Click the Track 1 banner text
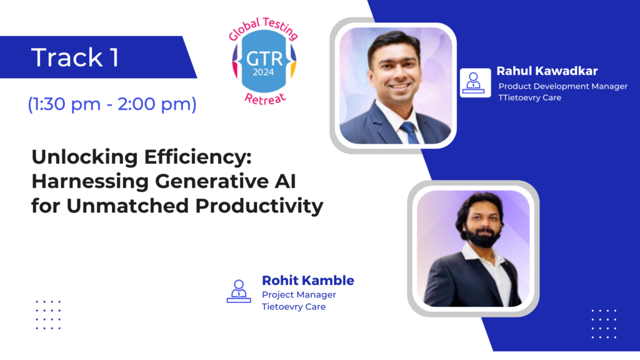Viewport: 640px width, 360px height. (75, 57)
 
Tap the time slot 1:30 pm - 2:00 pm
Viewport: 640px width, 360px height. (112, 104)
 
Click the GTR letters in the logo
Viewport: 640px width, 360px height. (264, 59)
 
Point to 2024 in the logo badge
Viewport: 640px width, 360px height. (263, 72)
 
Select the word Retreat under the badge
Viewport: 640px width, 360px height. (265, 98)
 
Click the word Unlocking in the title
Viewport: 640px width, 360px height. (85, 157)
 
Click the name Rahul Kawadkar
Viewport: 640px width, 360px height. (547, 71)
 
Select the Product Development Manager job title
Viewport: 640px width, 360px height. (563, 86)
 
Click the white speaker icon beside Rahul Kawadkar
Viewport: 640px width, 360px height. (475, 83)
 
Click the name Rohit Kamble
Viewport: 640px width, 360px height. (307, 281)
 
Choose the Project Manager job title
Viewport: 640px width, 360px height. (299, 295)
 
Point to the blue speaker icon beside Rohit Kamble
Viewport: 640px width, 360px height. (239, 291)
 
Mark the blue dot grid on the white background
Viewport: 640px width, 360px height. (48, 315)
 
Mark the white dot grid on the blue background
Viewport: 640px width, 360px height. (604, 324)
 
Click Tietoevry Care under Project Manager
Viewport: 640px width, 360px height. (294, 306)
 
